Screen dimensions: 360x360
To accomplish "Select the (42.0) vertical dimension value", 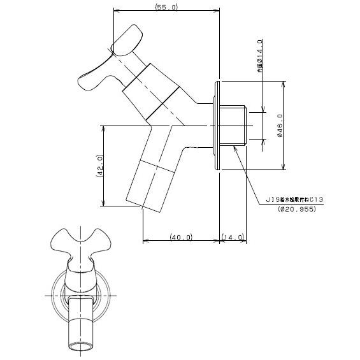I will [99, 166].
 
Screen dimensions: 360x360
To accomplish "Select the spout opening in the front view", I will [80, 345].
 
